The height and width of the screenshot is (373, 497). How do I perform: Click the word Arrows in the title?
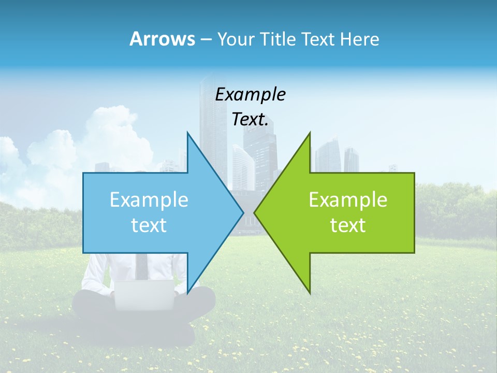tap(162, 39)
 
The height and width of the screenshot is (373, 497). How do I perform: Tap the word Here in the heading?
tap(359, 39)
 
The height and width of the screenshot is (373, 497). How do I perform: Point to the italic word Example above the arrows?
tap(250, 95)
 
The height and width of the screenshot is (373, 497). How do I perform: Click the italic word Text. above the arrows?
tap(250, 120)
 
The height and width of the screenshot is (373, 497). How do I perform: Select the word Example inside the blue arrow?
tap(149, 200)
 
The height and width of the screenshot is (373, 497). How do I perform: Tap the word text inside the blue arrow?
tap(149, 225)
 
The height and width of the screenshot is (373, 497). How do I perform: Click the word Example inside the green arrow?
tap(348, 200)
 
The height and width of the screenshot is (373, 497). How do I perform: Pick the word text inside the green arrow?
tap(348, 225)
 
